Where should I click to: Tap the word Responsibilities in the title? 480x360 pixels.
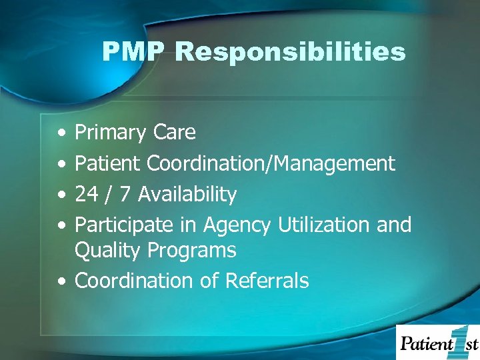click(290, 52)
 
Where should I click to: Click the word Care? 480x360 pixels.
click(174, 133)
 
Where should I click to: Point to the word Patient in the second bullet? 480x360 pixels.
click(108, 163)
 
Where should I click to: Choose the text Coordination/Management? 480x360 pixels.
click(271, 163)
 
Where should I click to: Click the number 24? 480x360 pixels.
click(86, 195)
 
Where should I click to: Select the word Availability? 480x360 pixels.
click(188, 195)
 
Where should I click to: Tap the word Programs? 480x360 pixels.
click(192, 251)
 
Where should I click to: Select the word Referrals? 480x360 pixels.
click(267, 281)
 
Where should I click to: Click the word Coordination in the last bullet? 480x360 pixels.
click(135, 281)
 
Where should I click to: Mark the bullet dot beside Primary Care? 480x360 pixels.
click(61, 133)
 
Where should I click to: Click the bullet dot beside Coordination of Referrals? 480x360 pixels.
click(61, 281)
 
